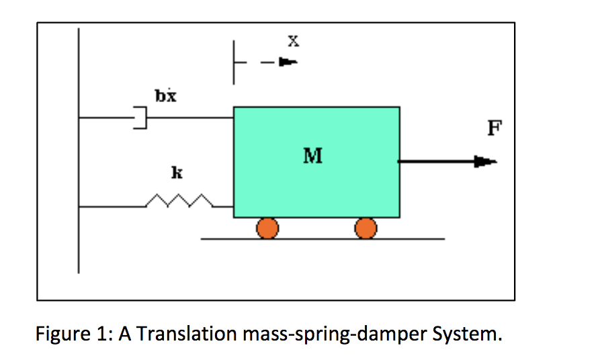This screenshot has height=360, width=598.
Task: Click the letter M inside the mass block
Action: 312,156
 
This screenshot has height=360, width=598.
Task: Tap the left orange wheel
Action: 267,228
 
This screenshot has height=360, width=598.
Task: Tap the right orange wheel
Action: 366,228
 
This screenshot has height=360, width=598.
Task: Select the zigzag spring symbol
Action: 180,201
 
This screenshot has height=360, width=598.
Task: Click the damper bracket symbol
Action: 139,118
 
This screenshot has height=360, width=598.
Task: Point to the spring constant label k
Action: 176,173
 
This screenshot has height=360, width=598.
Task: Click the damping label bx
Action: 165,96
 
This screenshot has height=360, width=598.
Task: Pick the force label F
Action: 495,128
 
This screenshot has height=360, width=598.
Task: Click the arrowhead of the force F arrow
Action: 486,161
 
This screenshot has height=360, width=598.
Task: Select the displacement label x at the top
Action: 293,41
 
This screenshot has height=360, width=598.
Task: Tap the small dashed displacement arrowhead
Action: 288,62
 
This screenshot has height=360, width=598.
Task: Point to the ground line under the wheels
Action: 323,238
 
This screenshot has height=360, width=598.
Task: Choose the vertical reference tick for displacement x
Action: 234,62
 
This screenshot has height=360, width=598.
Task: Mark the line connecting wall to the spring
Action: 112,207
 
